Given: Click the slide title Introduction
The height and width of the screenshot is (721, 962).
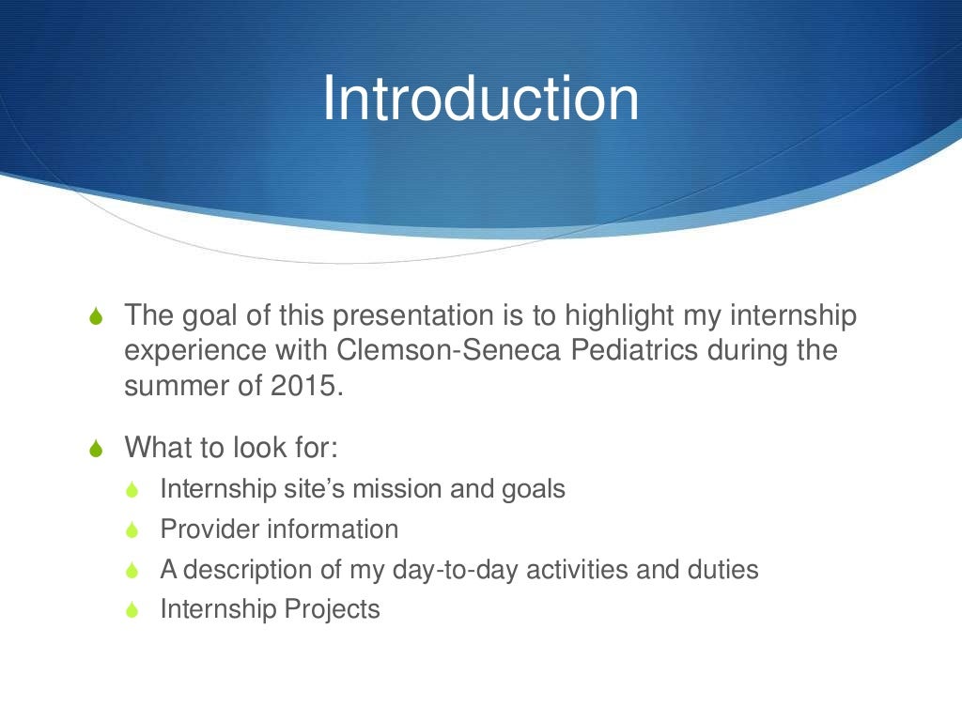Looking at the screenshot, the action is [480, 98].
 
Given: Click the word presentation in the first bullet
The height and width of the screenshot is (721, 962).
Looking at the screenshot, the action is [413, 315].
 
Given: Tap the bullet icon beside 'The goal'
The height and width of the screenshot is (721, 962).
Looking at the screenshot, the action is [96, 315].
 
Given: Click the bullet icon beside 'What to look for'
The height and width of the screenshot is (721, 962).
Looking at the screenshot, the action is [96, 448].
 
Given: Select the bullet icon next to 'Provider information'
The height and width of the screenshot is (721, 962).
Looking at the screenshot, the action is [132, 529].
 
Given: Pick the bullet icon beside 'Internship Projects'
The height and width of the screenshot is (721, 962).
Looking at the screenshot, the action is [132, 609].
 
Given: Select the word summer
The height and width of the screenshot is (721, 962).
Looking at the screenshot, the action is [177, 387].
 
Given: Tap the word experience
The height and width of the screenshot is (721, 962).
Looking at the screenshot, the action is [195, 351].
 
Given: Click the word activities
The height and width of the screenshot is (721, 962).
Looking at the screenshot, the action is [577, 570].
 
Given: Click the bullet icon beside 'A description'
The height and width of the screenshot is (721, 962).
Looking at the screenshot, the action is [132, 570].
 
